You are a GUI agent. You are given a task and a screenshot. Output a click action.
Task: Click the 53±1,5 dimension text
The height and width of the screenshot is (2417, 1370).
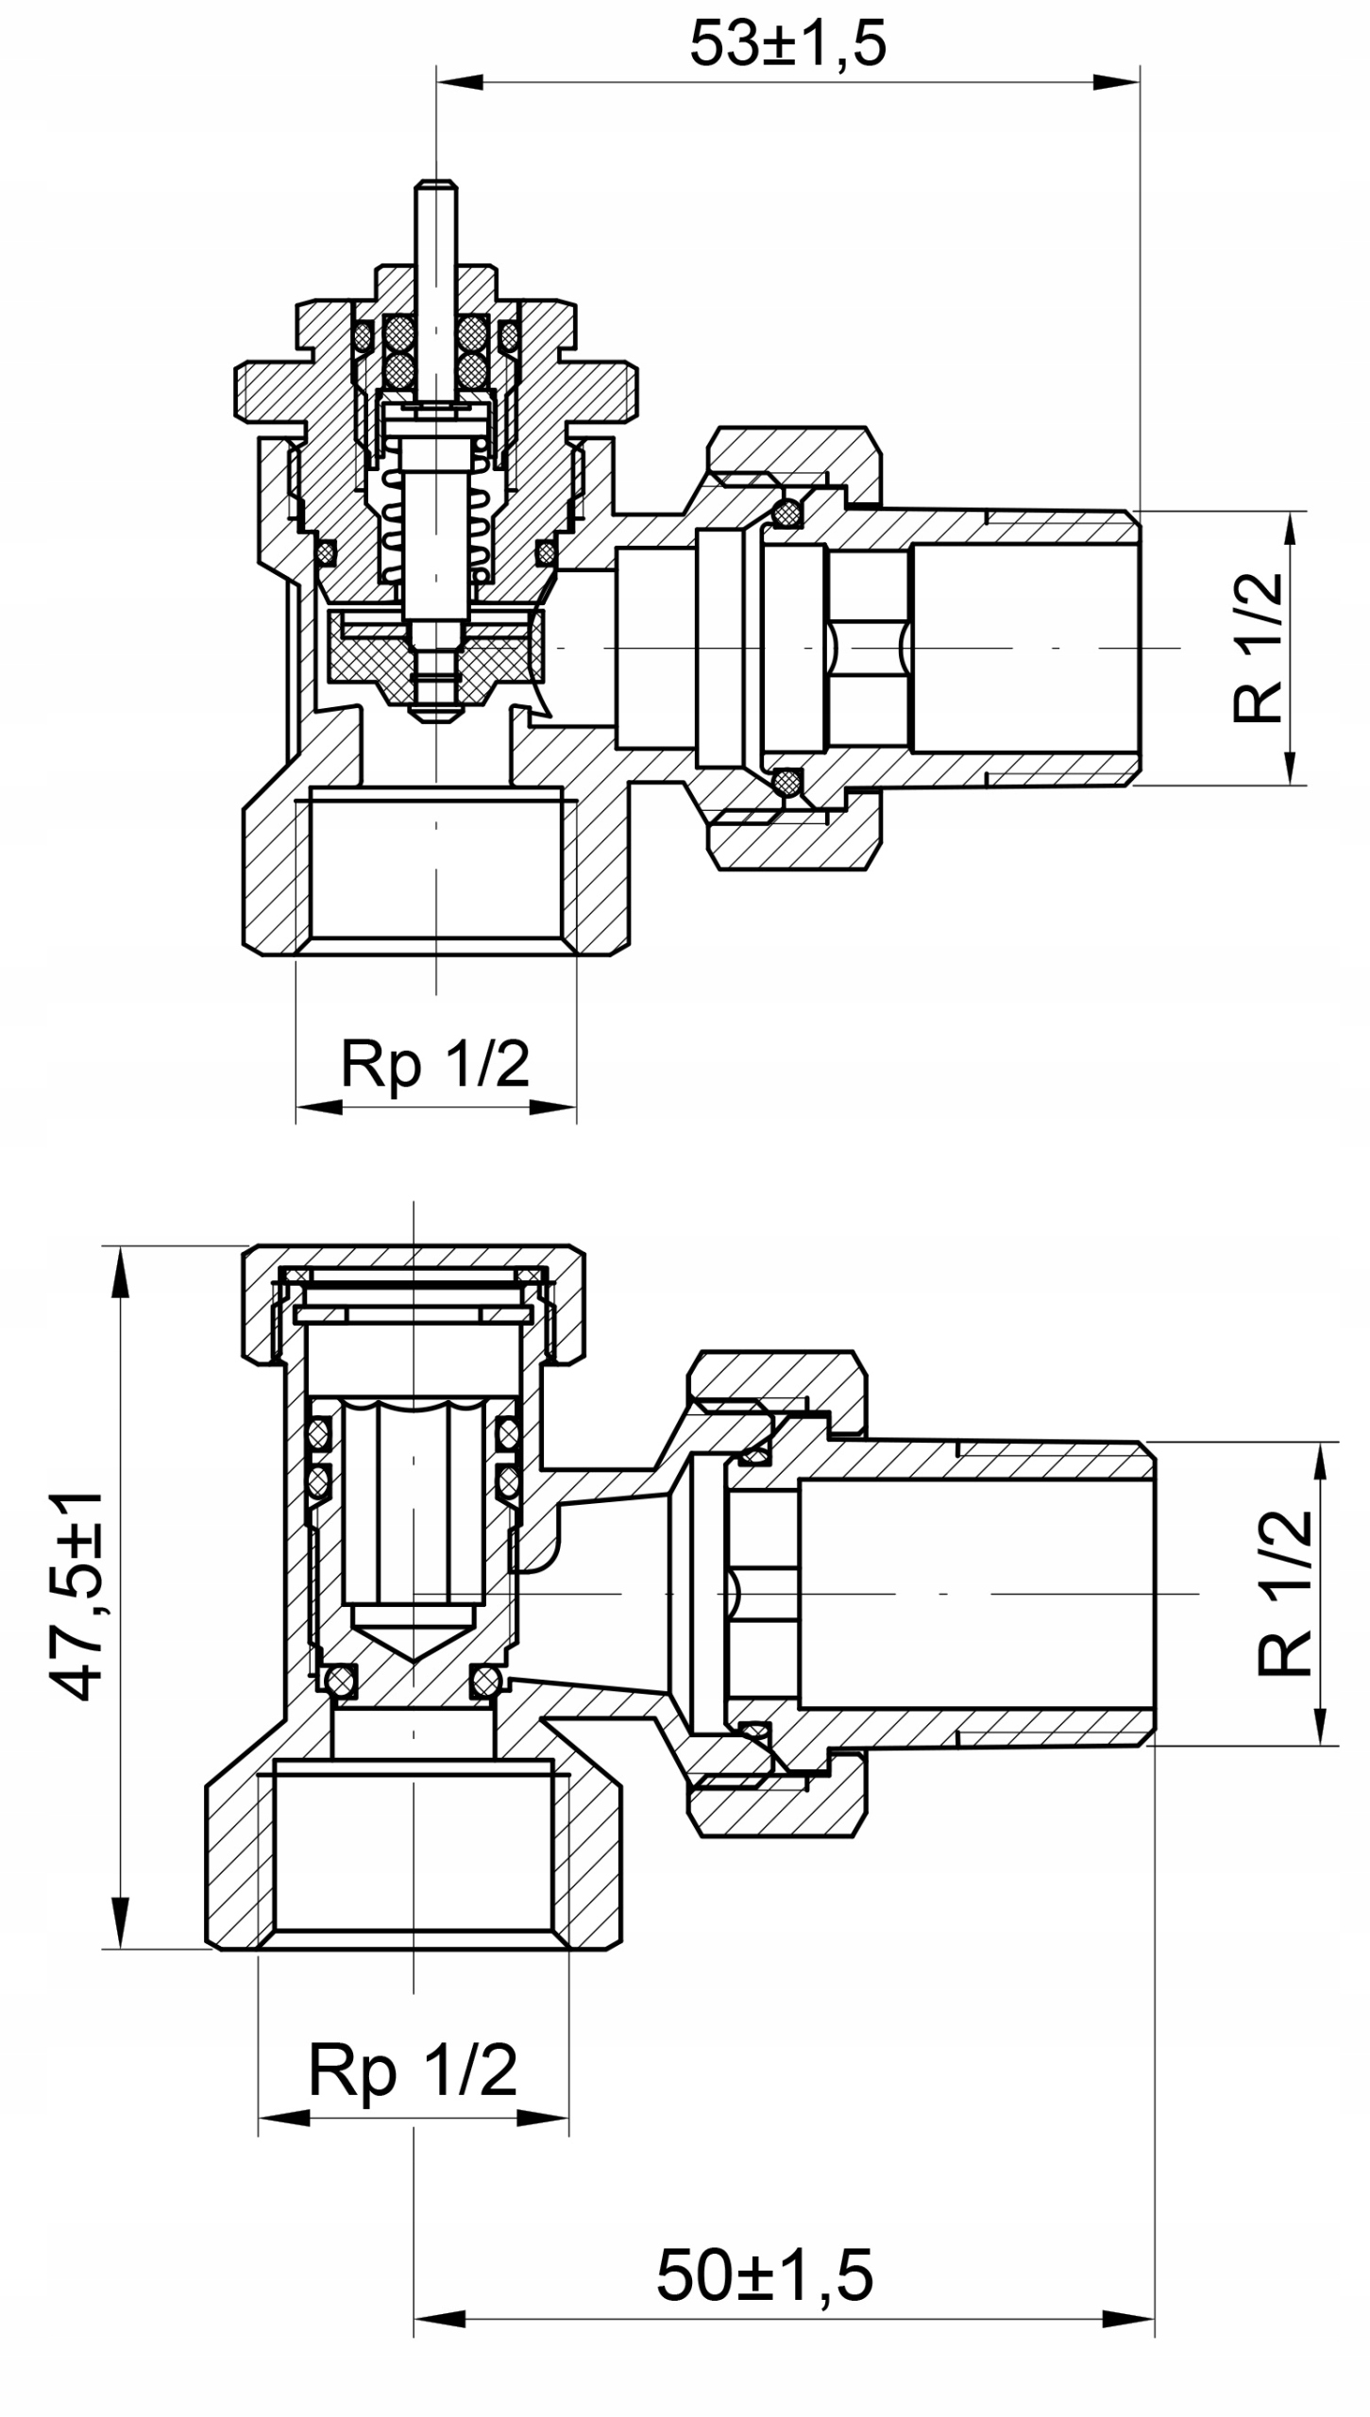[788, 44]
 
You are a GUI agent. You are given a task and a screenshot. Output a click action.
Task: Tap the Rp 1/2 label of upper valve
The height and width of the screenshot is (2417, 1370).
[435, 1064]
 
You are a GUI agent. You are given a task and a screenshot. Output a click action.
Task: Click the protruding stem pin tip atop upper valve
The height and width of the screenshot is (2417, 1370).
[436, 189]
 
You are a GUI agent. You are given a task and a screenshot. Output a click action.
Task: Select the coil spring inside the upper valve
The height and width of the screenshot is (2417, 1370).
[436, 529]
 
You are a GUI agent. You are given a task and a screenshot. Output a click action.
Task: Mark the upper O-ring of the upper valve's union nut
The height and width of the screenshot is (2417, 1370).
[786, 514]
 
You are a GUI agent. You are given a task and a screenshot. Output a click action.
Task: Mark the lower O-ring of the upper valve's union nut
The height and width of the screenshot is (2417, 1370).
[786, 782]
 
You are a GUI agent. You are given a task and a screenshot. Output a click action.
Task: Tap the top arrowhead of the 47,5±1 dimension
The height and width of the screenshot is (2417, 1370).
[120, 1269]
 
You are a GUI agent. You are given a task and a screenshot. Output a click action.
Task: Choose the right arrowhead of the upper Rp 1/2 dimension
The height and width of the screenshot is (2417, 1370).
[554, 1107]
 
